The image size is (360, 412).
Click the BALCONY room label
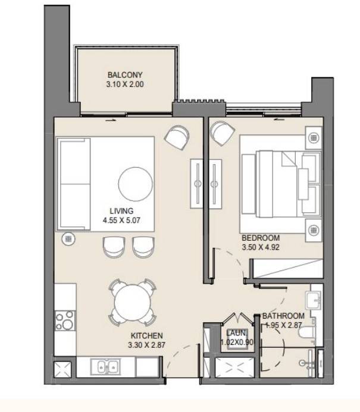pyautogui.click(x=125, y=75)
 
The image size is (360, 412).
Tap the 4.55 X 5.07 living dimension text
pyautogui.click(x=121, y=220)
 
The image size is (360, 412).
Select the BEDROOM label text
pyautogui.click(x=261, y=238)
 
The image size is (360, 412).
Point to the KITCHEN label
pyautogui.click(x=147, y=335)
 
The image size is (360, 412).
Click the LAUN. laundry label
pyautogui.click(x=237, y=333)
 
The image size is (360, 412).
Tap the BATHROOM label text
pyautogui.click(x=283, y=316)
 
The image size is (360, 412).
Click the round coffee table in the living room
pyautogui.click(x=136, y=184)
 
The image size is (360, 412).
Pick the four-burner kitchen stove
pyautogui.click(x=65, y=320)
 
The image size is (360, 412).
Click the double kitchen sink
pyautogui.click(x=105, y=367)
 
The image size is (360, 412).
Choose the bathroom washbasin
pyautogui.click(x=314, y=300)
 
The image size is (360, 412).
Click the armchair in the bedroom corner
pyautogui.click(x=223, y=133)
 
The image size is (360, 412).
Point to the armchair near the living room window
pyautogui.click(x=177, y=137)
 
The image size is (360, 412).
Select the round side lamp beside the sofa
pyautogui.click(x=68, y=239)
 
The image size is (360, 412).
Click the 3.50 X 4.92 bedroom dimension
pyautogui.click(x=261, y=247)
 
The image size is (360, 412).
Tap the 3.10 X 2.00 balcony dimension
pyautogui.click(x=125, y=84)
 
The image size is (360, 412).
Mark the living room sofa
pyautogui.click(x=74, y=184)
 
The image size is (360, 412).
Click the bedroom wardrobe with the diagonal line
pyautogui.click(x=286, y=269)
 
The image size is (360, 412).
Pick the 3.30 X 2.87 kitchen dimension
pyautogui.click(x=147, y=345)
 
